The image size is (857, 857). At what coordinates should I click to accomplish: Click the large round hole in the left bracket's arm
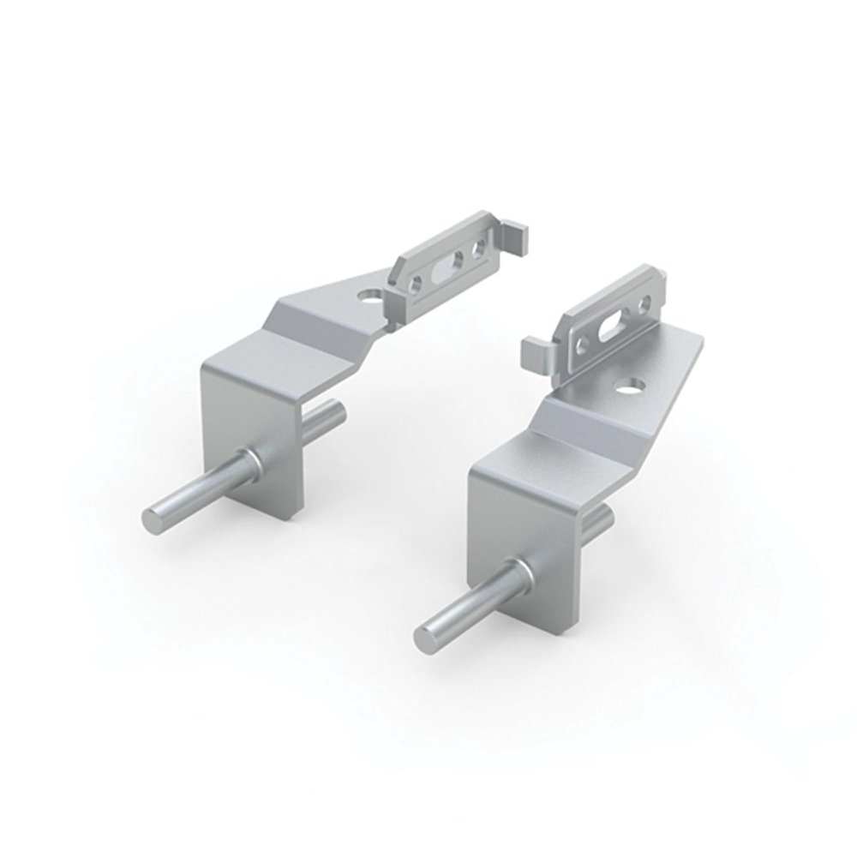(x=370, y=297)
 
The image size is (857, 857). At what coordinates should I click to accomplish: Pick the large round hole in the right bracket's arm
(x=635, y=386)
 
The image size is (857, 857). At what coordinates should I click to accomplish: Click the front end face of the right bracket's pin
(x=424, y=638)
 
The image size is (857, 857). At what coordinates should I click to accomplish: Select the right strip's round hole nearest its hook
(x=582, y=345)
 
